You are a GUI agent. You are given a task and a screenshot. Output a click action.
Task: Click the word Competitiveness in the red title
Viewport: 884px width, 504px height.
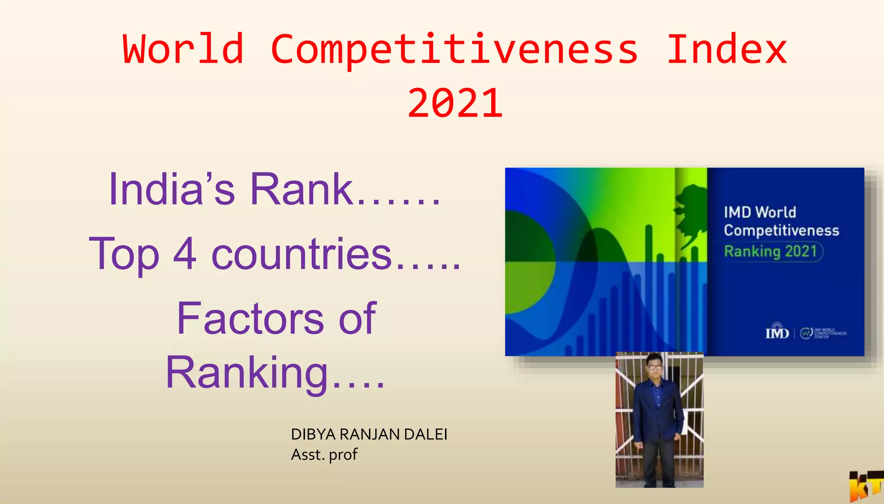[x=454, y=50]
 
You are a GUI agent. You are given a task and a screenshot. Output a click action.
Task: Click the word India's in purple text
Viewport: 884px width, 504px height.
[x=172, y=190]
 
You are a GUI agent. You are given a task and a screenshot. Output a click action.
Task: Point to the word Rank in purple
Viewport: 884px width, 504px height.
[x=302, y=190]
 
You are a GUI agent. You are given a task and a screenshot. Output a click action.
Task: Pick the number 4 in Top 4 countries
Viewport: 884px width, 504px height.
[x=185, y=254]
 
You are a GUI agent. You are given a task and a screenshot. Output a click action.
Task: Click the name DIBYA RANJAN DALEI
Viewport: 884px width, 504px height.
[x=369, y=434]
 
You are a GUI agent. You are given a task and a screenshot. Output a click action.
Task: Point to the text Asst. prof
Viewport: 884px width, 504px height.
[x=324, y=454]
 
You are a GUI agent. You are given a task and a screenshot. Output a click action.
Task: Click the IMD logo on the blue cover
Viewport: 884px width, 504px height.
[x=777, y=332]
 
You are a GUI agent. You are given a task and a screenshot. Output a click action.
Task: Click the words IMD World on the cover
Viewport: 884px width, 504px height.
[x=760, y=212]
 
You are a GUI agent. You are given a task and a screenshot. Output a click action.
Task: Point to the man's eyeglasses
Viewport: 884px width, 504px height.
[x=655, y=367]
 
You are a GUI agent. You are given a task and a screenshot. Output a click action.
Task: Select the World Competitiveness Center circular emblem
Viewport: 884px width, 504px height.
[x=806, y=333]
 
